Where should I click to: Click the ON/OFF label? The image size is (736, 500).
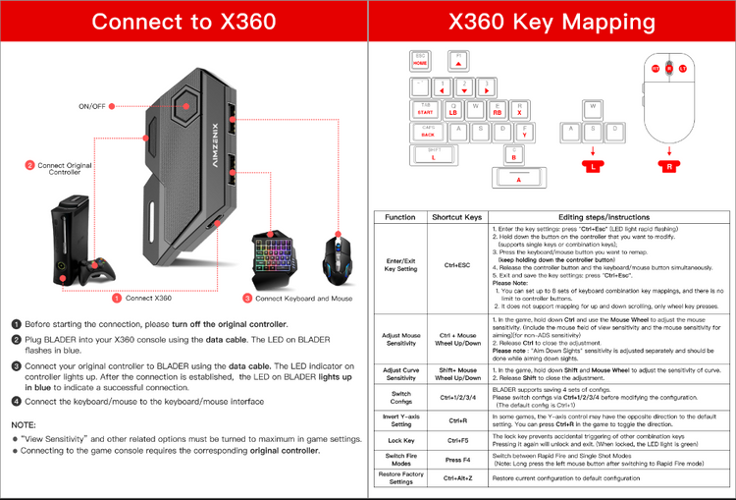click(92, 105)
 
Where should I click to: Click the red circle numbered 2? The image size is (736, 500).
click(30, 166)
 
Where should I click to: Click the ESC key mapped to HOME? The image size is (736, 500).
click(421, 59)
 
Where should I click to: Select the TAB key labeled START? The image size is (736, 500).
click(425, 108)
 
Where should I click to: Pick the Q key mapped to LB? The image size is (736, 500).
click(453, 108)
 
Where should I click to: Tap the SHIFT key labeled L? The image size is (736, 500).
click(433, 154)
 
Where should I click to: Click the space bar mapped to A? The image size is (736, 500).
click(519, 178)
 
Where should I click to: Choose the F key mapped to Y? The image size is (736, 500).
click(525, 132)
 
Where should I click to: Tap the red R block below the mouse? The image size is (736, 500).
click(670, 166)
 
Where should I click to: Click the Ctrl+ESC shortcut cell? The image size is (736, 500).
click(458, 265)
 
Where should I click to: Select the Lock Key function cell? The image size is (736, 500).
click(400, 440)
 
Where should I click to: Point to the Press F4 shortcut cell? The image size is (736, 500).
click(458, 461)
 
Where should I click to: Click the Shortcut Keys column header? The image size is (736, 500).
click(458, 217)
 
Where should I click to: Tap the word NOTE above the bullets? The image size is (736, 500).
click(24, 423)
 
